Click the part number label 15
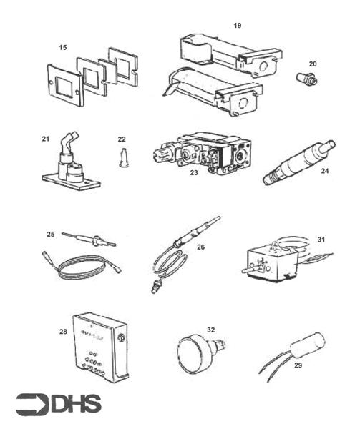[x=63, y=48]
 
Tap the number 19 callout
[x=237, y=25]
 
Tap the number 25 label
[x=50, y=234]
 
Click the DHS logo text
[x=77, y=405]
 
